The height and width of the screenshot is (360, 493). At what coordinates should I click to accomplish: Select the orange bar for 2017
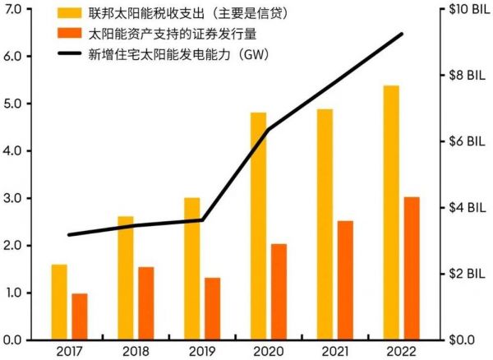(79, 316)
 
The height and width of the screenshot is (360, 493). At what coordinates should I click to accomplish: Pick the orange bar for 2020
(279, 292)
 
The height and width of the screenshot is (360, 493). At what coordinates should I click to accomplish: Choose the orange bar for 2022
(412, 268)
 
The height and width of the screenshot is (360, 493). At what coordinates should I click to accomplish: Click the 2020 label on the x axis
(268, 353)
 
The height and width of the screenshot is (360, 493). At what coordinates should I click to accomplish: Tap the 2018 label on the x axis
(136, 353)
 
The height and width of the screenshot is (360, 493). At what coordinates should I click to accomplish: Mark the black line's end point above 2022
(402, 34)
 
